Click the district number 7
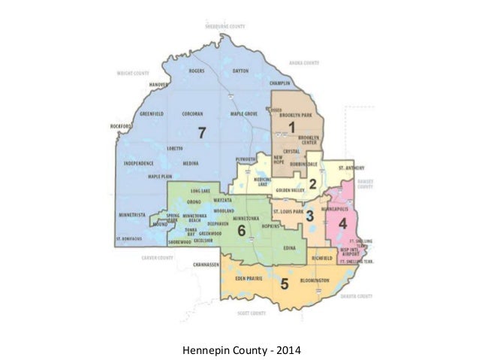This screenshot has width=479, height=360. click(201, 134)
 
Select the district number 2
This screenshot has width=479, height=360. click(312, 185)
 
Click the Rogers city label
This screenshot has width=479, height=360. click(197, 71)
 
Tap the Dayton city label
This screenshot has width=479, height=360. click(240, 71)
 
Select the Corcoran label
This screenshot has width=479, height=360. click(192, 114)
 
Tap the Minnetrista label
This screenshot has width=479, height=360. click(131, 214)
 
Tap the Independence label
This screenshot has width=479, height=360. click(138, 162)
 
